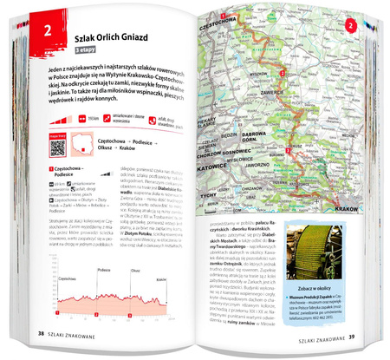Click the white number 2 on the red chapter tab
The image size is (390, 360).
click(39, 35)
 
